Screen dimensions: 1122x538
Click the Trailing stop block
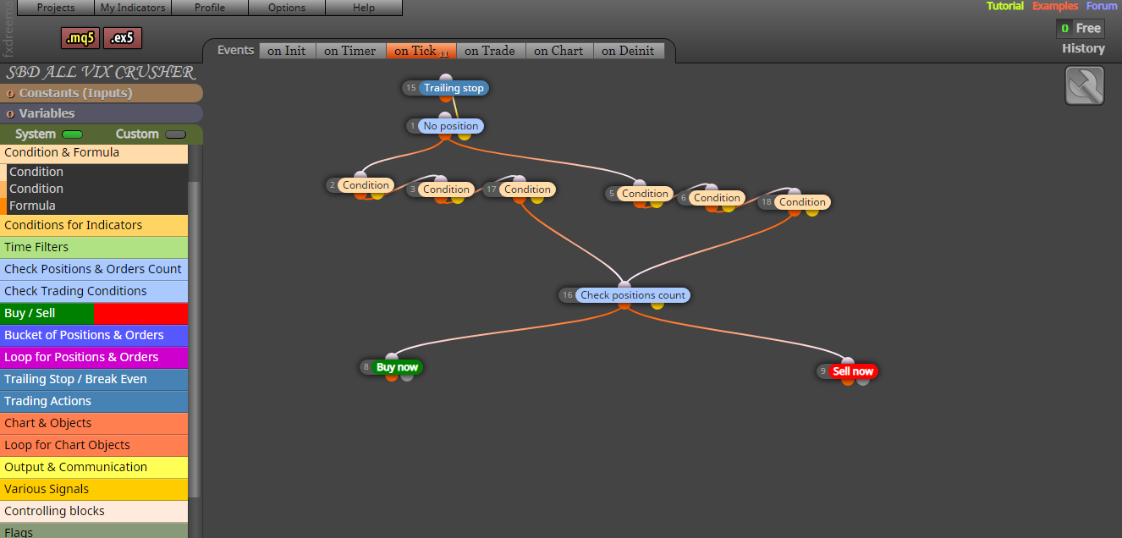click(x=446, y=88)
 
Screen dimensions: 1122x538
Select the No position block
click(x=446, y=126)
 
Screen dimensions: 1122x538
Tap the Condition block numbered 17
click(x=520, y=189)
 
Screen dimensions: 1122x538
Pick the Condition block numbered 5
click(x=639, y=194)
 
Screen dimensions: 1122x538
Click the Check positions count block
click(x=624, y=295)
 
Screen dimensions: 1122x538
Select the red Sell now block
click(x=848, y=371)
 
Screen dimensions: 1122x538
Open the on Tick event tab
click(x=421, y=51)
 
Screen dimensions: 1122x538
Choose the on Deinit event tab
click(x=628, y=51)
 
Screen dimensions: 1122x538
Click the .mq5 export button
click(x=80, y=38)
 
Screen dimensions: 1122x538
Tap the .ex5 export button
click(x=122, y=38)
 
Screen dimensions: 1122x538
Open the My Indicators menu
click(x=133, y=8)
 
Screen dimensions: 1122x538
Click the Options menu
click(x=287, y=8)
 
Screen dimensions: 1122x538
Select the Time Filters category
click(x=94, y=247)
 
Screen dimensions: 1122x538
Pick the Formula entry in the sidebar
click(x=32, y=206)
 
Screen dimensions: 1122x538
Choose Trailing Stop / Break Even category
click(x=94, y=379)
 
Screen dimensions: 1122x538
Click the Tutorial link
click(x=1004, y=6)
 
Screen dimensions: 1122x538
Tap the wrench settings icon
click(x=1085, y=85)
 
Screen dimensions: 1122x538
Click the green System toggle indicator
click(x=72, y=134)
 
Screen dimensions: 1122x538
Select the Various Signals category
click(x=94, y=489)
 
